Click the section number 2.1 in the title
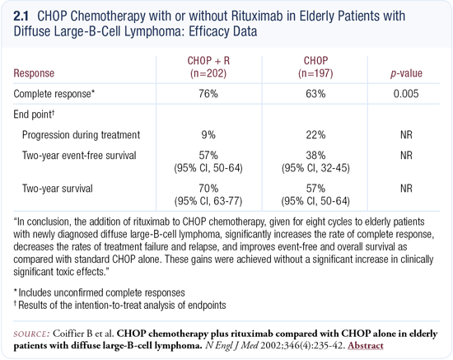tap(21, 16)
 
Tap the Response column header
tap(34, 73)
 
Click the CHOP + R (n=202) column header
tap(208, 67)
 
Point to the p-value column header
tap(406, 73)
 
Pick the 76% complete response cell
tap(208, 94)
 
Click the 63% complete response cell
tap(315, 94)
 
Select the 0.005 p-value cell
tap(406, 94)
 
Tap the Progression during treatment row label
tap(82, 135)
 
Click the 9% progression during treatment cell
tap(208, 135)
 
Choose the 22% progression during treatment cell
tap(315, 135)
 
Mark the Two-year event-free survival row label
tap(79, 156)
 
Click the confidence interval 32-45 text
tap(315, 168)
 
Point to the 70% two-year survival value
tap(208, 189)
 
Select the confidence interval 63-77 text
tap(208, 201)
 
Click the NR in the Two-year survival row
tap(406, 189)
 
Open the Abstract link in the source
tap(366, 345)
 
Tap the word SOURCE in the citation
tap(32, 334)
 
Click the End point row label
tap(34, 115)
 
